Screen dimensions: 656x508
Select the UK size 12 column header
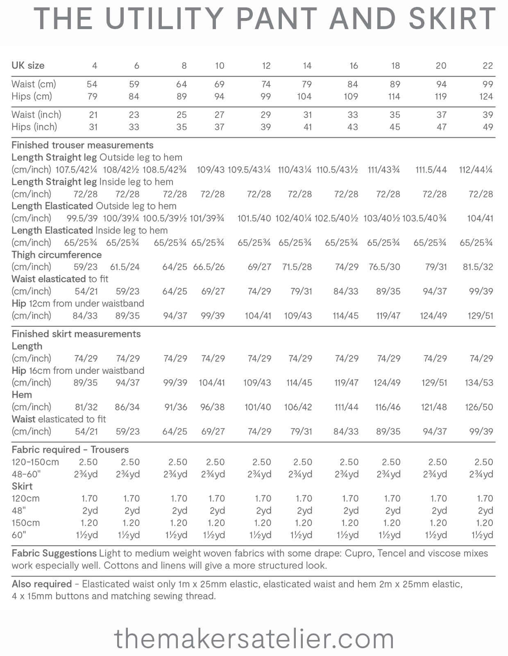(x=266, y=66)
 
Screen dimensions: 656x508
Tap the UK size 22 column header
(x=488, y=66)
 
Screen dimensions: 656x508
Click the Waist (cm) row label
(x=34, y=84)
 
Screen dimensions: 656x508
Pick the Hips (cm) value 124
(x=486, y=96)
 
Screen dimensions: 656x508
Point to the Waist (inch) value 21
(x=93, y=115)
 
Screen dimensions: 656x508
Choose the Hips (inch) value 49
(x=488, y=127)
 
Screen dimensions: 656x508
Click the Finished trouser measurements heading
(x=82, y=145)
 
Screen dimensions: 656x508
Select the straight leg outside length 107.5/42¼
(x=76, y=170)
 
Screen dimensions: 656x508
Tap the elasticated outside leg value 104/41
(x=480, y=218)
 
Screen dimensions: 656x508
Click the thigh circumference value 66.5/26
(x=209, y=267)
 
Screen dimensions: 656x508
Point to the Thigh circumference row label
(x=57, y=255)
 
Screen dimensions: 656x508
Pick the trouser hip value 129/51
(x=480, y=316)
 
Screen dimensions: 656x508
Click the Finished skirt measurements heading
(x=76, y=334)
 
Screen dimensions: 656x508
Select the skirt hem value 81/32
(x=86, y=407)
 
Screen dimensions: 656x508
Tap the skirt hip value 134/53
(x=479, y=383)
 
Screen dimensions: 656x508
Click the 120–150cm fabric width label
(x=35, y=462)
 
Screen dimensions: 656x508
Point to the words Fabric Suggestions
(x=54, y=553)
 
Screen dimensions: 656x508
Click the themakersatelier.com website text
(x=254, y=639)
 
